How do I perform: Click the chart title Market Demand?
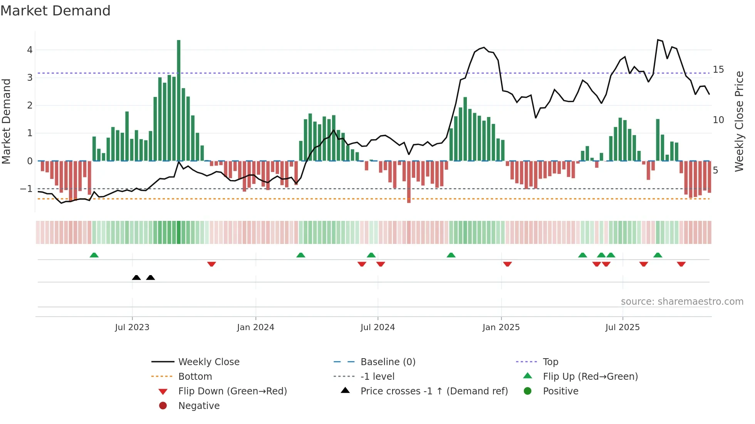click(55, 11)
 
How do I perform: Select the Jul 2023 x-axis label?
click(132, 327)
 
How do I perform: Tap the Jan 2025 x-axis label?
click(501, 327)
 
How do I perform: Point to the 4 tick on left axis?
click(30, 50)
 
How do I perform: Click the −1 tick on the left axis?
click(26, 189)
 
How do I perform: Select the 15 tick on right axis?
click(718, 70)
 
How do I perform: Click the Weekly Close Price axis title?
click(739, 121)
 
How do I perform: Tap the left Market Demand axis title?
click(7, 121)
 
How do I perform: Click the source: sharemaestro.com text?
click(682, 302)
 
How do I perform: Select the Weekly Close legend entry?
click(208, 362)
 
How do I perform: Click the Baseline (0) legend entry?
click(388, 362)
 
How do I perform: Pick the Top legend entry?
click(550, 362)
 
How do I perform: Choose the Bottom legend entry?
click(195, 377)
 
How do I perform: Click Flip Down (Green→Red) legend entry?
click(232, 391)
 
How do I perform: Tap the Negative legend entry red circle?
click(163, 406)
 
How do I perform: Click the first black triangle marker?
click(136, 278)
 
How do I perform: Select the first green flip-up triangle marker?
click(94, 255)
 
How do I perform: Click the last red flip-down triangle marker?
click(681, 264)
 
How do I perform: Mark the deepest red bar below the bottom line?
click(409, 182)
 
